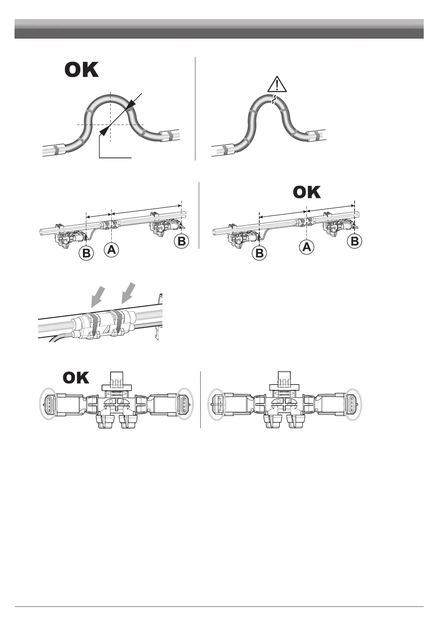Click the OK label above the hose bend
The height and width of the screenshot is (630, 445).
point(82,70)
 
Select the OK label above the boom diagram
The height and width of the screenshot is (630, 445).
point(307,192)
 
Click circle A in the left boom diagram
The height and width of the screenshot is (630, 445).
point(111,250)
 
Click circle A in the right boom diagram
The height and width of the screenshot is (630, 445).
point(307,247)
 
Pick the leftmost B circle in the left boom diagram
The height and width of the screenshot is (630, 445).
point(86,253)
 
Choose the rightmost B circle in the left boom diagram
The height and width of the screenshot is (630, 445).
point(182,241)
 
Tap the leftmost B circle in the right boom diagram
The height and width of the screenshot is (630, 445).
point(259,253)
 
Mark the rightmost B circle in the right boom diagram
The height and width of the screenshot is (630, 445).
point(355,241)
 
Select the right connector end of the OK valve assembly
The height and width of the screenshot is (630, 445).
point(185,403)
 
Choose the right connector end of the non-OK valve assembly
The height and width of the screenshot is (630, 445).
point(353,403)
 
